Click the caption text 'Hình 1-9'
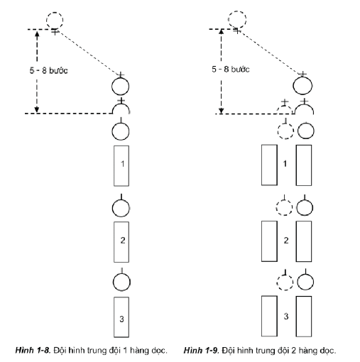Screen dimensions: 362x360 (199, 349)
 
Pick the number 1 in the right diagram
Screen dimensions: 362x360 (286, 165)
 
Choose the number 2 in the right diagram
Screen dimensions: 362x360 (286, 241)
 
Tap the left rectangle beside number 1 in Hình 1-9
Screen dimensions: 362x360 (268, 165)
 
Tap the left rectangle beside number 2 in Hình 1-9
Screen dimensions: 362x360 (268, 241)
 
